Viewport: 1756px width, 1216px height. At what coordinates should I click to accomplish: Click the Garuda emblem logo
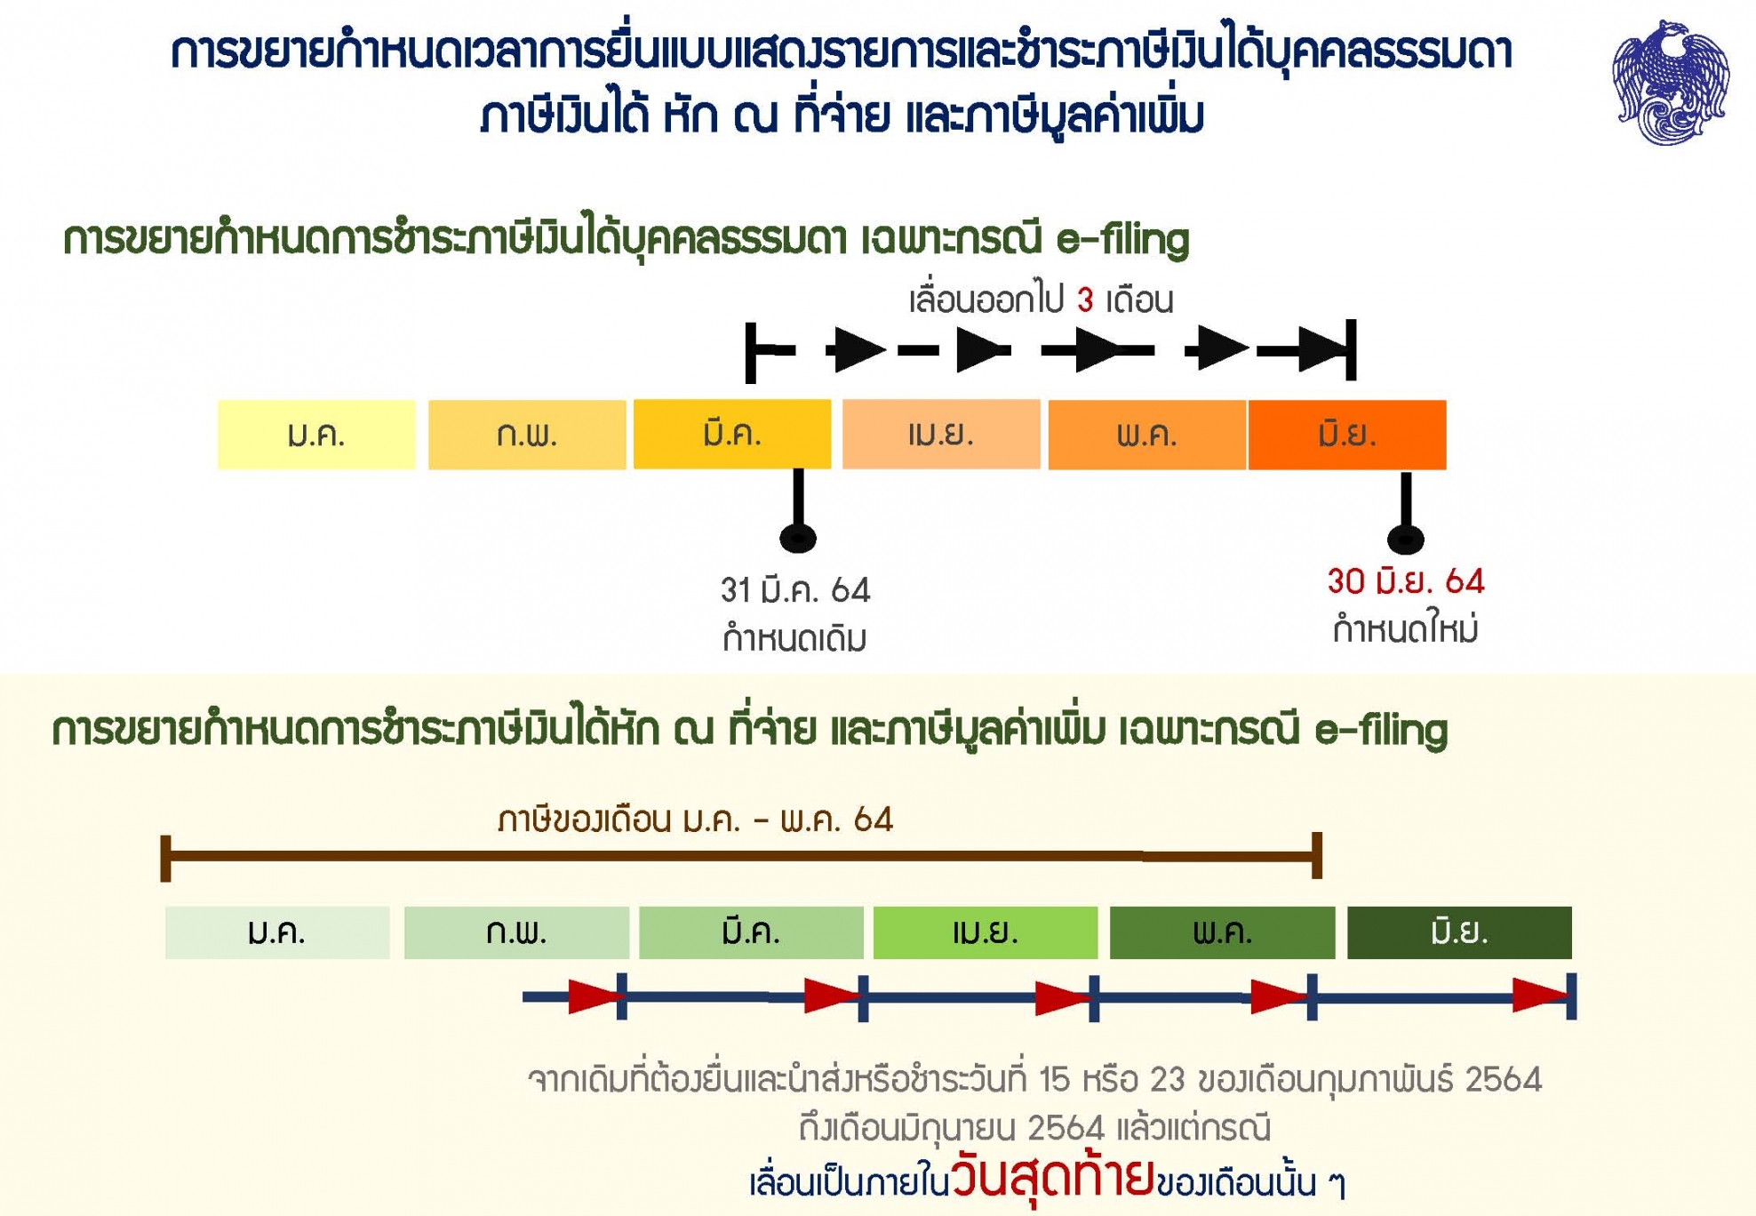tap(1671, 82)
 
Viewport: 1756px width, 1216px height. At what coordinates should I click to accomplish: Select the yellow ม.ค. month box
tap(316, 435)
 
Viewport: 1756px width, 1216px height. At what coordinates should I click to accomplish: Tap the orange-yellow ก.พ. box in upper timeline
tap(527, 435)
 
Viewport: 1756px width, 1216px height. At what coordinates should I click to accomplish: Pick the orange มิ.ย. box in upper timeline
tap(1347, 435)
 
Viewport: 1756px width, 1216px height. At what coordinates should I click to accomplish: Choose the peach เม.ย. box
tap(941, 435)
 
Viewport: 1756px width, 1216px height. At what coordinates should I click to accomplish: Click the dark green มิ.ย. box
tap(1459, 932)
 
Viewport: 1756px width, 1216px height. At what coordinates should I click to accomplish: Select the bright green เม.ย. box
tap(986, 932)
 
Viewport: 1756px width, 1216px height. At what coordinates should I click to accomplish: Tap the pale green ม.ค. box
tap(277, 932)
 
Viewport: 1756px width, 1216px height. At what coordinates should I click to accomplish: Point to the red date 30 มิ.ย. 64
tap(1406, 581)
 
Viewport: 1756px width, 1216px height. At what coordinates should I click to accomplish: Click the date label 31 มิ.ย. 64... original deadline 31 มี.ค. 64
tap(795, 590)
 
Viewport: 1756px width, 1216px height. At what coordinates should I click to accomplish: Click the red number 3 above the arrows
tap(1085, 300)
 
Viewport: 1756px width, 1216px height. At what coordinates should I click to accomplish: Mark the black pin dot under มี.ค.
tap(798, 538)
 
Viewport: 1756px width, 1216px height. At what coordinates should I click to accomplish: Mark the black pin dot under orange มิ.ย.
tap(1406, 539)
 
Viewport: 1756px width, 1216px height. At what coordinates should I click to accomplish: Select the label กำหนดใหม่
tap(1406, 629)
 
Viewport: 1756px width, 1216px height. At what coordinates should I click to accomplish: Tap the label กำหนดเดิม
tap(794, 637)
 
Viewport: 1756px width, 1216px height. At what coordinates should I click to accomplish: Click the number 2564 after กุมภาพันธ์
tap(1503, 1079)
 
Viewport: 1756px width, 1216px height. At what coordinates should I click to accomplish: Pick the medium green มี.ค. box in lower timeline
tap(751, 932)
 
